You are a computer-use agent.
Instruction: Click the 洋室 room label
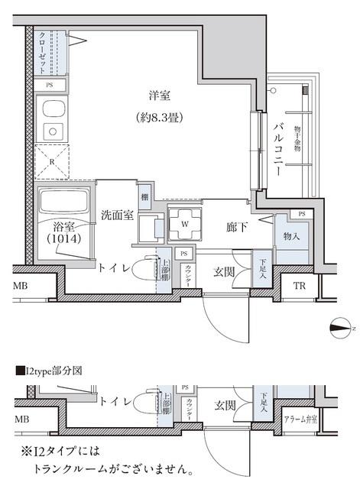(x=160, y=96)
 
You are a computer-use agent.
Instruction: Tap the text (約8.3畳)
(x=160, y=118)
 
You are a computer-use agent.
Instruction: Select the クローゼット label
(x=43, y=51)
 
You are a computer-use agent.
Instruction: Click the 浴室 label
(x=63, y=225)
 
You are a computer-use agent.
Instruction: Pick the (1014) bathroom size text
(x=63, y=238)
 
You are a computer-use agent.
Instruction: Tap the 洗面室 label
(x=118, y=215)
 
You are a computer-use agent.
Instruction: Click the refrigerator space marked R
(x=50, y=161)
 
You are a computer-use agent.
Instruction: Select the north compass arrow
(x=339, y=329)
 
